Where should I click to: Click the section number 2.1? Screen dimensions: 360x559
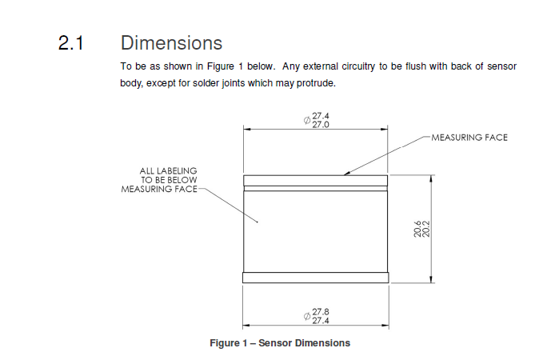70,43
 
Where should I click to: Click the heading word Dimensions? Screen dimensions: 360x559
171,42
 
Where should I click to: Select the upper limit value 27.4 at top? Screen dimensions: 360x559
321,116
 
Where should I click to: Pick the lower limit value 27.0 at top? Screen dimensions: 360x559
321,125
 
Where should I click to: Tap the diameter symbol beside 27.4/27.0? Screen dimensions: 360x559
307,121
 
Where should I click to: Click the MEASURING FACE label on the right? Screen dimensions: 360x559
469,138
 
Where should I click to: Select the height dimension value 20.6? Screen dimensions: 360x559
417,230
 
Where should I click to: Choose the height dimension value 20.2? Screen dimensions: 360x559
426,230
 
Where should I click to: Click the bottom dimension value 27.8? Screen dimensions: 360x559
321,312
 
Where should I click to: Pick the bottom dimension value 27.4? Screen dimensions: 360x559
321,321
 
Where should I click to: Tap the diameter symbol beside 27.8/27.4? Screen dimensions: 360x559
307,317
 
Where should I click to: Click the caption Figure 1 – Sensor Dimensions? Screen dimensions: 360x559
280,343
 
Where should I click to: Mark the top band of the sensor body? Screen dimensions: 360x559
315,181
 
